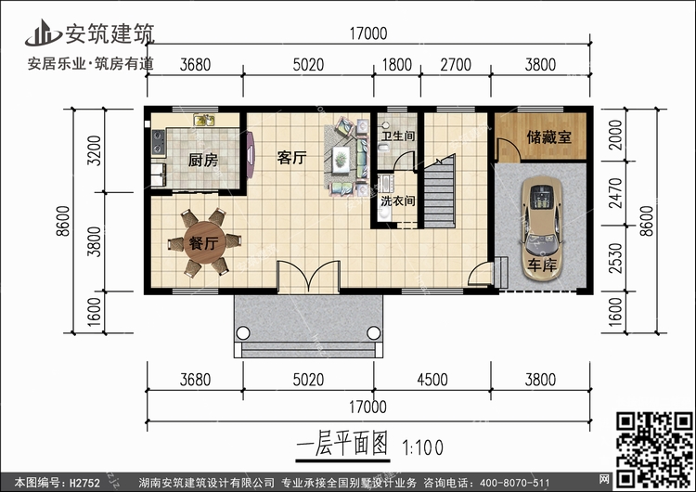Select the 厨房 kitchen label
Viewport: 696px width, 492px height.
click(x=202, y=161)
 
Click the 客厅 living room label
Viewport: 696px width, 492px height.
click(x=291, y=158)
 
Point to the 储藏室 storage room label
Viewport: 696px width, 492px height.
click(x=549, y=136)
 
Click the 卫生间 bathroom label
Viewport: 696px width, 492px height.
click(x=397, y=136)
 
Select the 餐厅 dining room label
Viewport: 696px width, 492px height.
click(x=203, y=245)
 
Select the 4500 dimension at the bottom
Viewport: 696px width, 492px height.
click(x=432, y=380)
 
